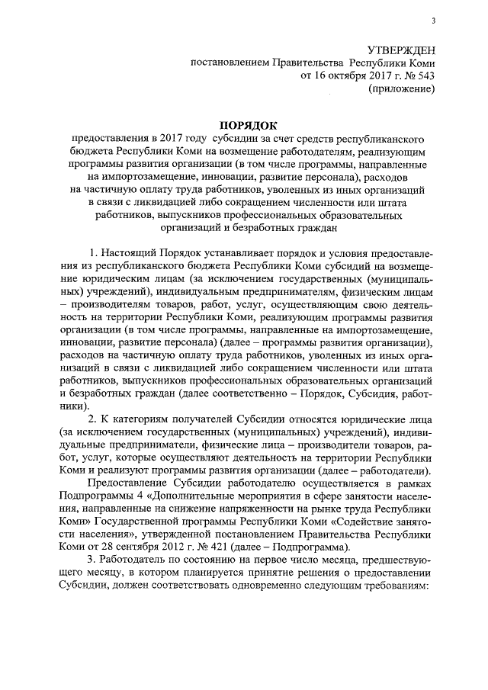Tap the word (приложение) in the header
(x=401, y=88)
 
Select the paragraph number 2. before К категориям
(x=93, y=420)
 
